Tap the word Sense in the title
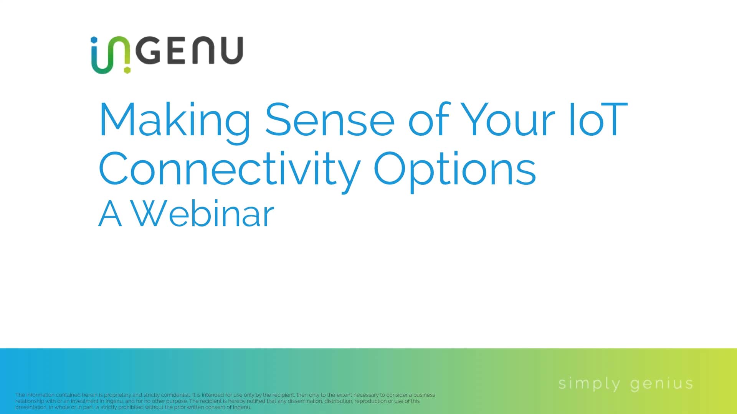(329, 120)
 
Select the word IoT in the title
(598, 120)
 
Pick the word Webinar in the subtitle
(203, 214)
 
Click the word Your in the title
(507, 120)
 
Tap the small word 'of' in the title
(428, 120)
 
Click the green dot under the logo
(127, 70)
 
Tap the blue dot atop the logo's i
(94, 39)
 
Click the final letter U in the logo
(232, 50)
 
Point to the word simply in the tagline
(589, 384)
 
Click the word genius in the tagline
(661, 384)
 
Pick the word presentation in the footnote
(31, 407)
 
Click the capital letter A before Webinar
(110, 214)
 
